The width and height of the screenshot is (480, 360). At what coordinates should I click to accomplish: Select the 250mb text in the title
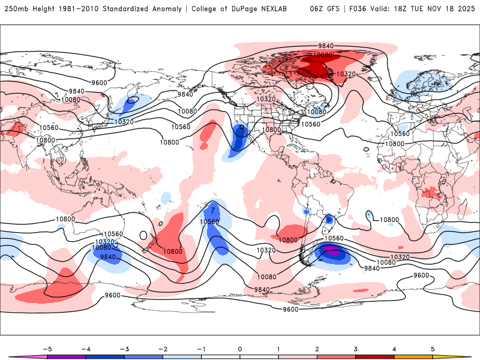[15, 9]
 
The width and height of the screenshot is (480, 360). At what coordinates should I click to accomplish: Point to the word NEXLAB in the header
[284, 9]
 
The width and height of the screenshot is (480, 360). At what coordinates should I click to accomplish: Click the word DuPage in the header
[251, 9]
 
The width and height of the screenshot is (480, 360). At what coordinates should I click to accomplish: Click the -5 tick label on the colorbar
[47, 349]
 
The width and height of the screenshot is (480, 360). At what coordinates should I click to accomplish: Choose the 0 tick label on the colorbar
[240, 349]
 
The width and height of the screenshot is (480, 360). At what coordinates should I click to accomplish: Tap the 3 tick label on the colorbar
[356, 349]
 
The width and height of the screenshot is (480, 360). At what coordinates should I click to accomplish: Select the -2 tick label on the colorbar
[163, 349]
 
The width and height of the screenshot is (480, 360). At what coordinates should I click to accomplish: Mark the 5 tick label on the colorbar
[433, 349]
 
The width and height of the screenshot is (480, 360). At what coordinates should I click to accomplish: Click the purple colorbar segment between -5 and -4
[67, 356]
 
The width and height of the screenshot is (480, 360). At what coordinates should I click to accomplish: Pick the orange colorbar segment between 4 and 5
[413, 356]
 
